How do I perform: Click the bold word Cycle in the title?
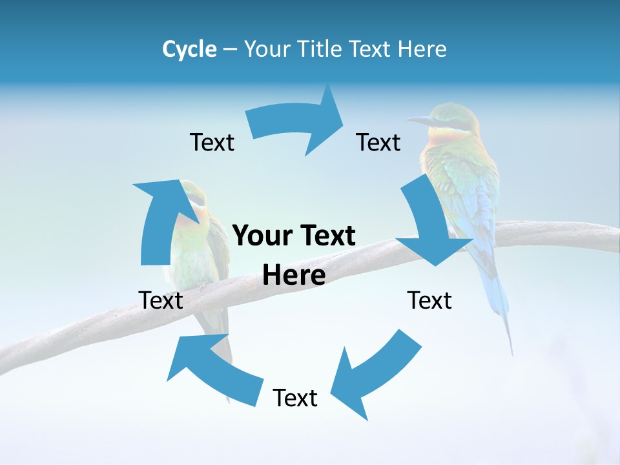189,49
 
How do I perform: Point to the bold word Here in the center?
294,275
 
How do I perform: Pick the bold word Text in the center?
326,236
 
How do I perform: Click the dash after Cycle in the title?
230,49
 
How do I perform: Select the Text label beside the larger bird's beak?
378,142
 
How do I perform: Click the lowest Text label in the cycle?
295,398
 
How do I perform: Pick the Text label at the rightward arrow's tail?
212,142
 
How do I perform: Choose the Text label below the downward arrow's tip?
429,300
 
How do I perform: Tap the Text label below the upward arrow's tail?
161,300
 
